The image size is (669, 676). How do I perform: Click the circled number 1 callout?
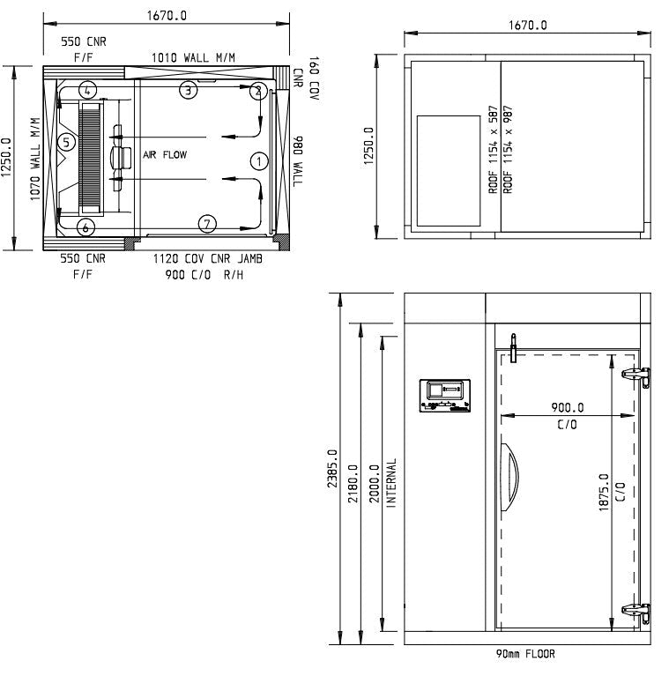coord(258,160)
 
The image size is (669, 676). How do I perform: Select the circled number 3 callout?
coord(187,89)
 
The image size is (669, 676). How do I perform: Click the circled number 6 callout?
coord(85,227)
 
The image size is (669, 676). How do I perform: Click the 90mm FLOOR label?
coord(525,654)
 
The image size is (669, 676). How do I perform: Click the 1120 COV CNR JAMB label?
coord(207,260)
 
